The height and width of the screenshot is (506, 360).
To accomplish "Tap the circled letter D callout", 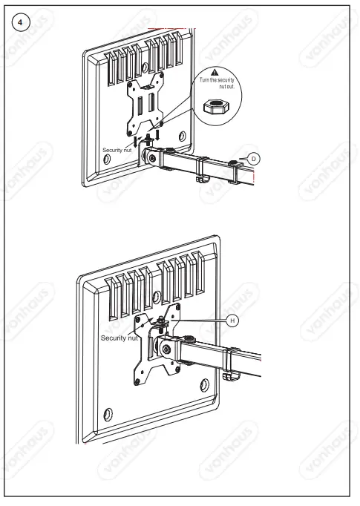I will [253, 158].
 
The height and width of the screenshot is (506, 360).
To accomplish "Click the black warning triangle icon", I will [214, 70].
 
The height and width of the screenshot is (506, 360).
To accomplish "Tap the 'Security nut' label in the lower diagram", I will [118, 338].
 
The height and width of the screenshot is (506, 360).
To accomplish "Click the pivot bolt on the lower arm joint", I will [168, 348].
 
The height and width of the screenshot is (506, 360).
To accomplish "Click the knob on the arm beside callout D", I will [235, 161].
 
